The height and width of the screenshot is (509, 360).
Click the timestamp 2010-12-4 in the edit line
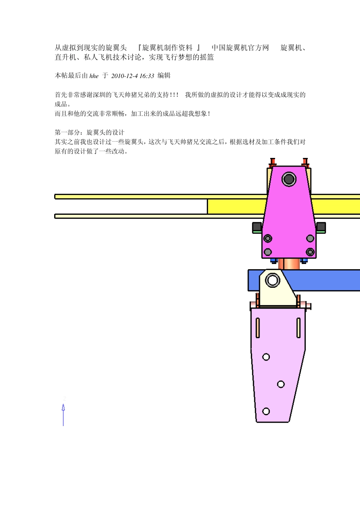[x=124, y=76]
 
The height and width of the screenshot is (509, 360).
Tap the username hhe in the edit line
[x=94, y=76]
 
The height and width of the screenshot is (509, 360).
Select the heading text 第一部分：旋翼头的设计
[x=89, y=132]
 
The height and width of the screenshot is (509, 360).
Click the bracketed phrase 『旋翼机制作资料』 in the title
[x=169, y=48]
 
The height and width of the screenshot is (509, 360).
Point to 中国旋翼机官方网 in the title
[x=240, y=48]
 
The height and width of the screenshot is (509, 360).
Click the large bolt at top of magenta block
[x=289, y=179]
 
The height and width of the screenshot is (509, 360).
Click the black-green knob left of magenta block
[x=257, y=227]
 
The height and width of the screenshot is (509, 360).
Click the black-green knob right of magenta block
[x=321, y=227]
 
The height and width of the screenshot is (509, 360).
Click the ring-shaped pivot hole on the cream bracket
[x=272, y=281]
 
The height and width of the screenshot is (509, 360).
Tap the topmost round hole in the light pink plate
[x=266, y=357]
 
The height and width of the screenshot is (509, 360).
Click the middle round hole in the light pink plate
[x=281, y=384]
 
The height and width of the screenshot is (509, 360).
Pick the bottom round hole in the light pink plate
[x=266, y=411]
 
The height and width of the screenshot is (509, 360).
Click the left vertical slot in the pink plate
[x=258, y=328]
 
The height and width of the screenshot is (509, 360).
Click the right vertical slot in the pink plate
[x=298, y=328]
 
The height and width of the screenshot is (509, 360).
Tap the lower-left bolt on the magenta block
[x=268, y=252]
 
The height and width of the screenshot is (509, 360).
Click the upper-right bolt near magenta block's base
[x=310, y=238]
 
